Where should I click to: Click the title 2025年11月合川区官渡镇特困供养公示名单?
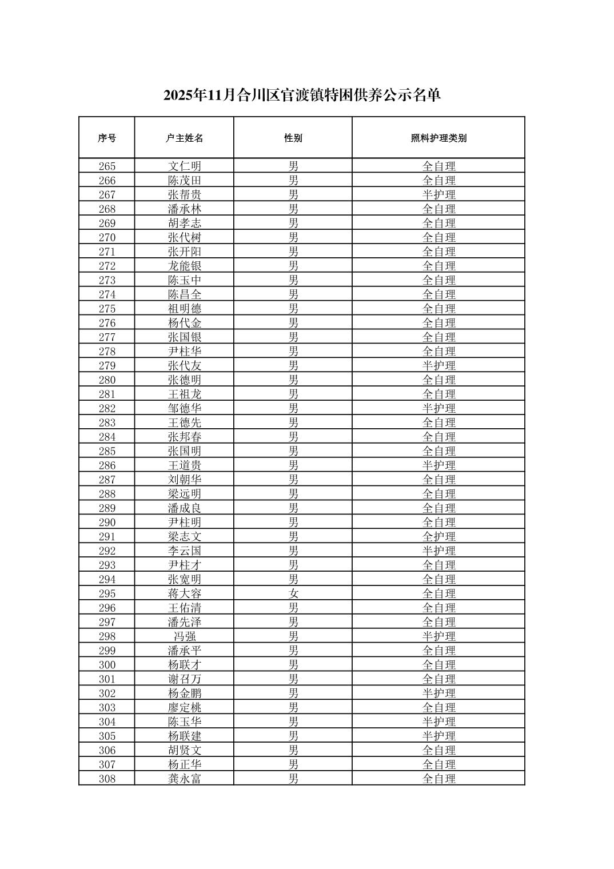pyautogui.click(x=302, y=95)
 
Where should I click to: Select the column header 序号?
pyautogui.click(x=107, y=138)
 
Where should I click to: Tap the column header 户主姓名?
pyautogui.click(x=184, y=138)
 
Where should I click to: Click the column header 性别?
pyautogui.click(x=293, y=138)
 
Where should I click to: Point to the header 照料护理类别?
pyautogui.click(x=438, y=138)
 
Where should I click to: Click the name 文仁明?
pyautogui.click(x=184, y=166)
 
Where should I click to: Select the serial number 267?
pyautogui.click(x=107, y=195)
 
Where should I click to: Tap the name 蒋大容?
pyautogui.click(x=184, y=593)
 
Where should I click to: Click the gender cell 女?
pyautogui.click(x=293, y=593)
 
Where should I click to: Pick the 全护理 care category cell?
pyautogui.click(x=438, y=537)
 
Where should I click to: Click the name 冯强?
pyautogui.click(x=184, y=636)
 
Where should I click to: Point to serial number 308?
pyautogui.click(x=107, y=779)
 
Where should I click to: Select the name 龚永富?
pyautogui.click(x=184, y=779)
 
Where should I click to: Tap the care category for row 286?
pyautogui.click(x=438, y=465)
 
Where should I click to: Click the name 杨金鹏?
pyautogui.click(x=184, y=693)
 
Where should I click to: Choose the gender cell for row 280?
pyautogui.click(x=293, y=380)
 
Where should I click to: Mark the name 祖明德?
pyautogui.click(x=184, y=309)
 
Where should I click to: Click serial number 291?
pyautogui.click(x=107, y=537)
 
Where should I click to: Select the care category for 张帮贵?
pyautogui.click(x=438, y=195)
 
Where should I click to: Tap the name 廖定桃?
pyautogui.click(x=184, y=708)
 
